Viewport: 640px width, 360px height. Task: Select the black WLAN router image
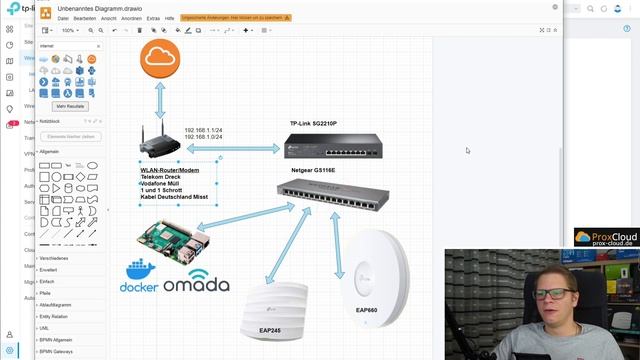pos(159,143)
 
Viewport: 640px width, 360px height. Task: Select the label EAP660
pos(369,310)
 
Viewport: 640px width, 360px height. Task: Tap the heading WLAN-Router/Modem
pos(170,170)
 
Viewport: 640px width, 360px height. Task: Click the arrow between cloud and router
pos(160,101)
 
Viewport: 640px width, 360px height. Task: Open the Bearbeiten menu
pos(84,18)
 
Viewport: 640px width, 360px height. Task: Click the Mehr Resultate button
pos(71,106)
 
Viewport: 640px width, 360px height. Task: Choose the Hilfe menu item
pos(169,18)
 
